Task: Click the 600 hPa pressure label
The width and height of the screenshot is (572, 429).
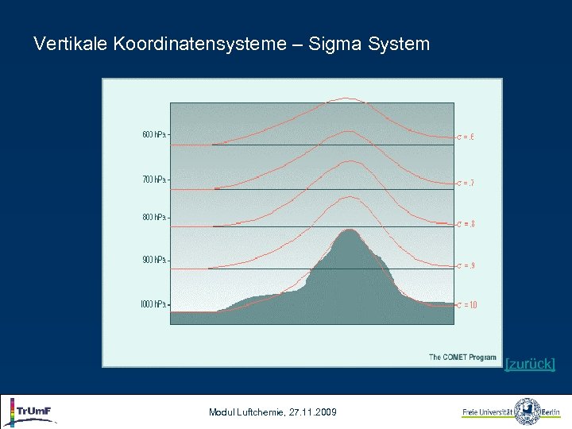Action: click(x=154, y=135)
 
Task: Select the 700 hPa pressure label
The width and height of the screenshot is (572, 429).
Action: click(x=154, y=180)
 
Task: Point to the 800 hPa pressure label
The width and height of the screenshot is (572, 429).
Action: click(x=154, y=218)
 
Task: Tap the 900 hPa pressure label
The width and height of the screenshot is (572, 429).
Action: click(x=154, y=261)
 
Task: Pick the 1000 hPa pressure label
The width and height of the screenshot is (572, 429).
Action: click(x=153, y=304)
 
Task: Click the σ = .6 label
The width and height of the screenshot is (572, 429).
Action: click(x=466, y=137)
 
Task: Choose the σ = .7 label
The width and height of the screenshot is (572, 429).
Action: click(x=466, y=184)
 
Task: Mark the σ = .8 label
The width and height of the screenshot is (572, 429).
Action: click(x=466, y=224)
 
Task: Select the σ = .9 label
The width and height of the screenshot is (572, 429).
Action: click(x=466, y=265)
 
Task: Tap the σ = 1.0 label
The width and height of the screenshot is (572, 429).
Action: click(x=467, y=306)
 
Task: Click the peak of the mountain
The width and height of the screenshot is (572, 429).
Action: click(x=348, y=230)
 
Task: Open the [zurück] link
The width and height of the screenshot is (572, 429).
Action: click(x=530, y=365)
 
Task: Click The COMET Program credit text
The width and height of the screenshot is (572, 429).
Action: click(x=462, y=357)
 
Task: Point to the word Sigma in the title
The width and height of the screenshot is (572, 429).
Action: click(x=335, y=44)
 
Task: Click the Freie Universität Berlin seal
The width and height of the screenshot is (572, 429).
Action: click(x=527, y=412)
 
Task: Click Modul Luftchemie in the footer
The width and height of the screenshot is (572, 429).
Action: click(x=241, y=412)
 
